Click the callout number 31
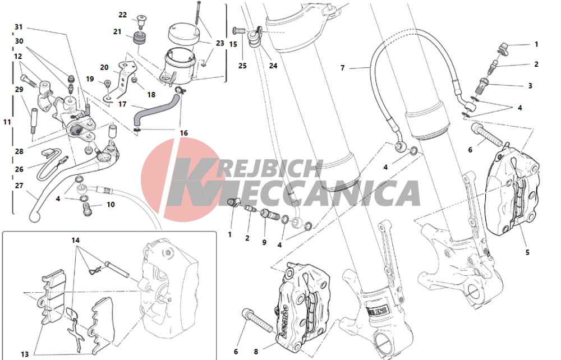click(x=19, y=27)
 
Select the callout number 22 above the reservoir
click(x=123, y=15)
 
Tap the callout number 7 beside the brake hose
click(x=342, y=67)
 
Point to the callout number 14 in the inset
click(x=75, y=240)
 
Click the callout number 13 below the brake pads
click(x=25, y=354)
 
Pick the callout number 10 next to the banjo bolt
click(x=111, y=205)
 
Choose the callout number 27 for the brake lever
click(x=19, y=186)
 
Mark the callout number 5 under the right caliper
click(x=527, y=252)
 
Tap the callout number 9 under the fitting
click(x=264, y=242)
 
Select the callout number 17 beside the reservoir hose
click(x=122, y=104)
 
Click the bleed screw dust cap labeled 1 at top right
click(x=504, y=47)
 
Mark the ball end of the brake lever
click(x=34, y=217)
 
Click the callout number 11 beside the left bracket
click(x=7, y=122)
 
